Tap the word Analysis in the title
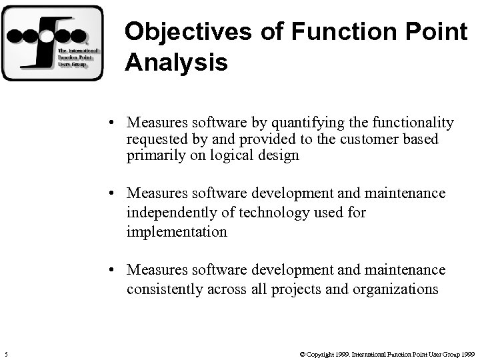tap(176, 63)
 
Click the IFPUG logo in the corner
tap(53, 43)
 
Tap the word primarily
tap(155, 156)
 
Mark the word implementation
tap(177, 232)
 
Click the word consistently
tap(163, 289)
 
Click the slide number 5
tap(6, 353)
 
